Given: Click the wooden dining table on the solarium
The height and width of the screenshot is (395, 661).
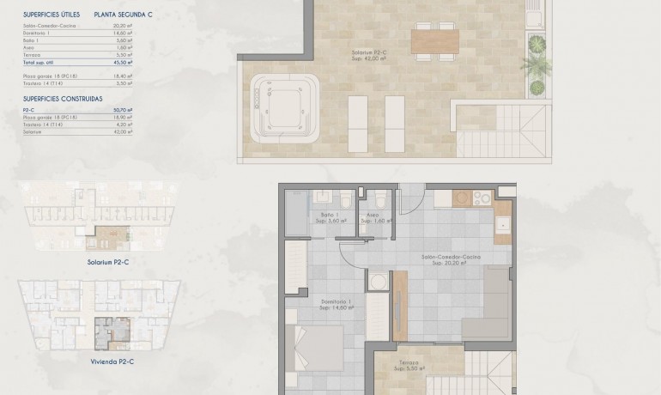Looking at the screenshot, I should click(435, 40).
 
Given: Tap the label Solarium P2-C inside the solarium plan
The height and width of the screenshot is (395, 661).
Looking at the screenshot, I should click(371, 57).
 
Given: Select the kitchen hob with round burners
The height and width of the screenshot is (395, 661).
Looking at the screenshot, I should click(473, 199).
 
